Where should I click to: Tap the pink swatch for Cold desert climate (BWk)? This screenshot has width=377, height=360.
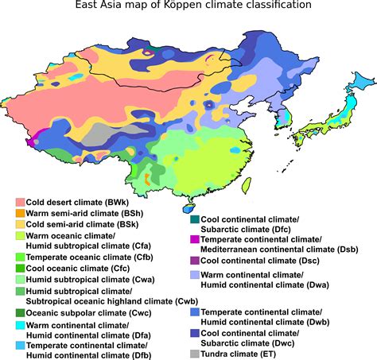[21, 203]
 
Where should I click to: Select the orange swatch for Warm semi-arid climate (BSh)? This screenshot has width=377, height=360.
[21, 214]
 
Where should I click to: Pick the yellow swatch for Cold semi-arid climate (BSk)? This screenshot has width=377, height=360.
[21, 225]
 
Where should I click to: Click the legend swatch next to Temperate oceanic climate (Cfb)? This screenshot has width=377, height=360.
[21, 257]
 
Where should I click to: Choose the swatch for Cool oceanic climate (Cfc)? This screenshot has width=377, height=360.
[21, 269]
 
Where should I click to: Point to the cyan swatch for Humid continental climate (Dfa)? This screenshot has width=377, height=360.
[21, 326]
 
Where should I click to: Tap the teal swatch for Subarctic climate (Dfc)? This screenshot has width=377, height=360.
[195, 219]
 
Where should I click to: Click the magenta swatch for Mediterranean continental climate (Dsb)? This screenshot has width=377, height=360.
[195, 239]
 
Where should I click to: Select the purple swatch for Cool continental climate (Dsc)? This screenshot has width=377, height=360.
[195, 260]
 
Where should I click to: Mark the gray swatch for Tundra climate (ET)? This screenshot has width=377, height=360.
[195, 353]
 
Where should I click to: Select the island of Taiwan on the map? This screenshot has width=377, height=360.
[247, 184]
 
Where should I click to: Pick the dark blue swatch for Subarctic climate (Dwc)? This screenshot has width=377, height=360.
[195, 334]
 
